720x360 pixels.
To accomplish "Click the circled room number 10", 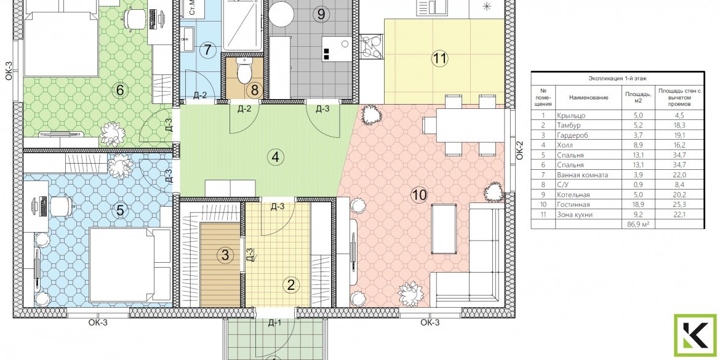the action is point(419,195).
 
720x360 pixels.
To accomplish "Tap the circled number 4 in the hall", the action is point(276,158).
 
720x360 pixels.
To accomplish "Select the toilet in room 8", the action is point(244,70).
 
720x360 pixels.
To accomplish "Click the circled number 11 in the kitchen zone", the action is point(439,58).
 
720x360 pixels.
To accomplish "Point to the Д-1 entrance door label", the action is point(274,323).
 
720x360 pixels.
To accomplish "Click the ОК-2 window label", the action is point(520,150).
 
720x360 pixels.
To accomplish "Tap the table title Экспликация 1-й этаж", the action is point(618,79).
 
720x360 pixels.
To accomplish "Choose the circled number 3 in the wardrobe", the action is point(225,255).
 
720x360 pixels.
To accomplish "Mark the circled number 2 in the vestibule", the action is point(290,285).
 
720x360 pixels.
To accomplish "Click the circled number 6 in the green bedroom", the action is point(120,90).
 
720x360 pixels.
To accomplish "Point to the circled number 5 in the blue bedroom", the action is point(120,210).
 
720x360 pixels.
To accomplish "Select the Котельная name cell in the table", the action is point(572,194).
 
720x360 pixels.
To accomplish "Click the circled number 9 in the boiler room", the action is point(321,14).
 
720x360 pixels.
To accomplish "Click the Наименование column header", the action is point(588,97).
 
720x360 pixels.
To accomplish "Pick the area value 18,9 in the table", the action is point(638,204).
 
